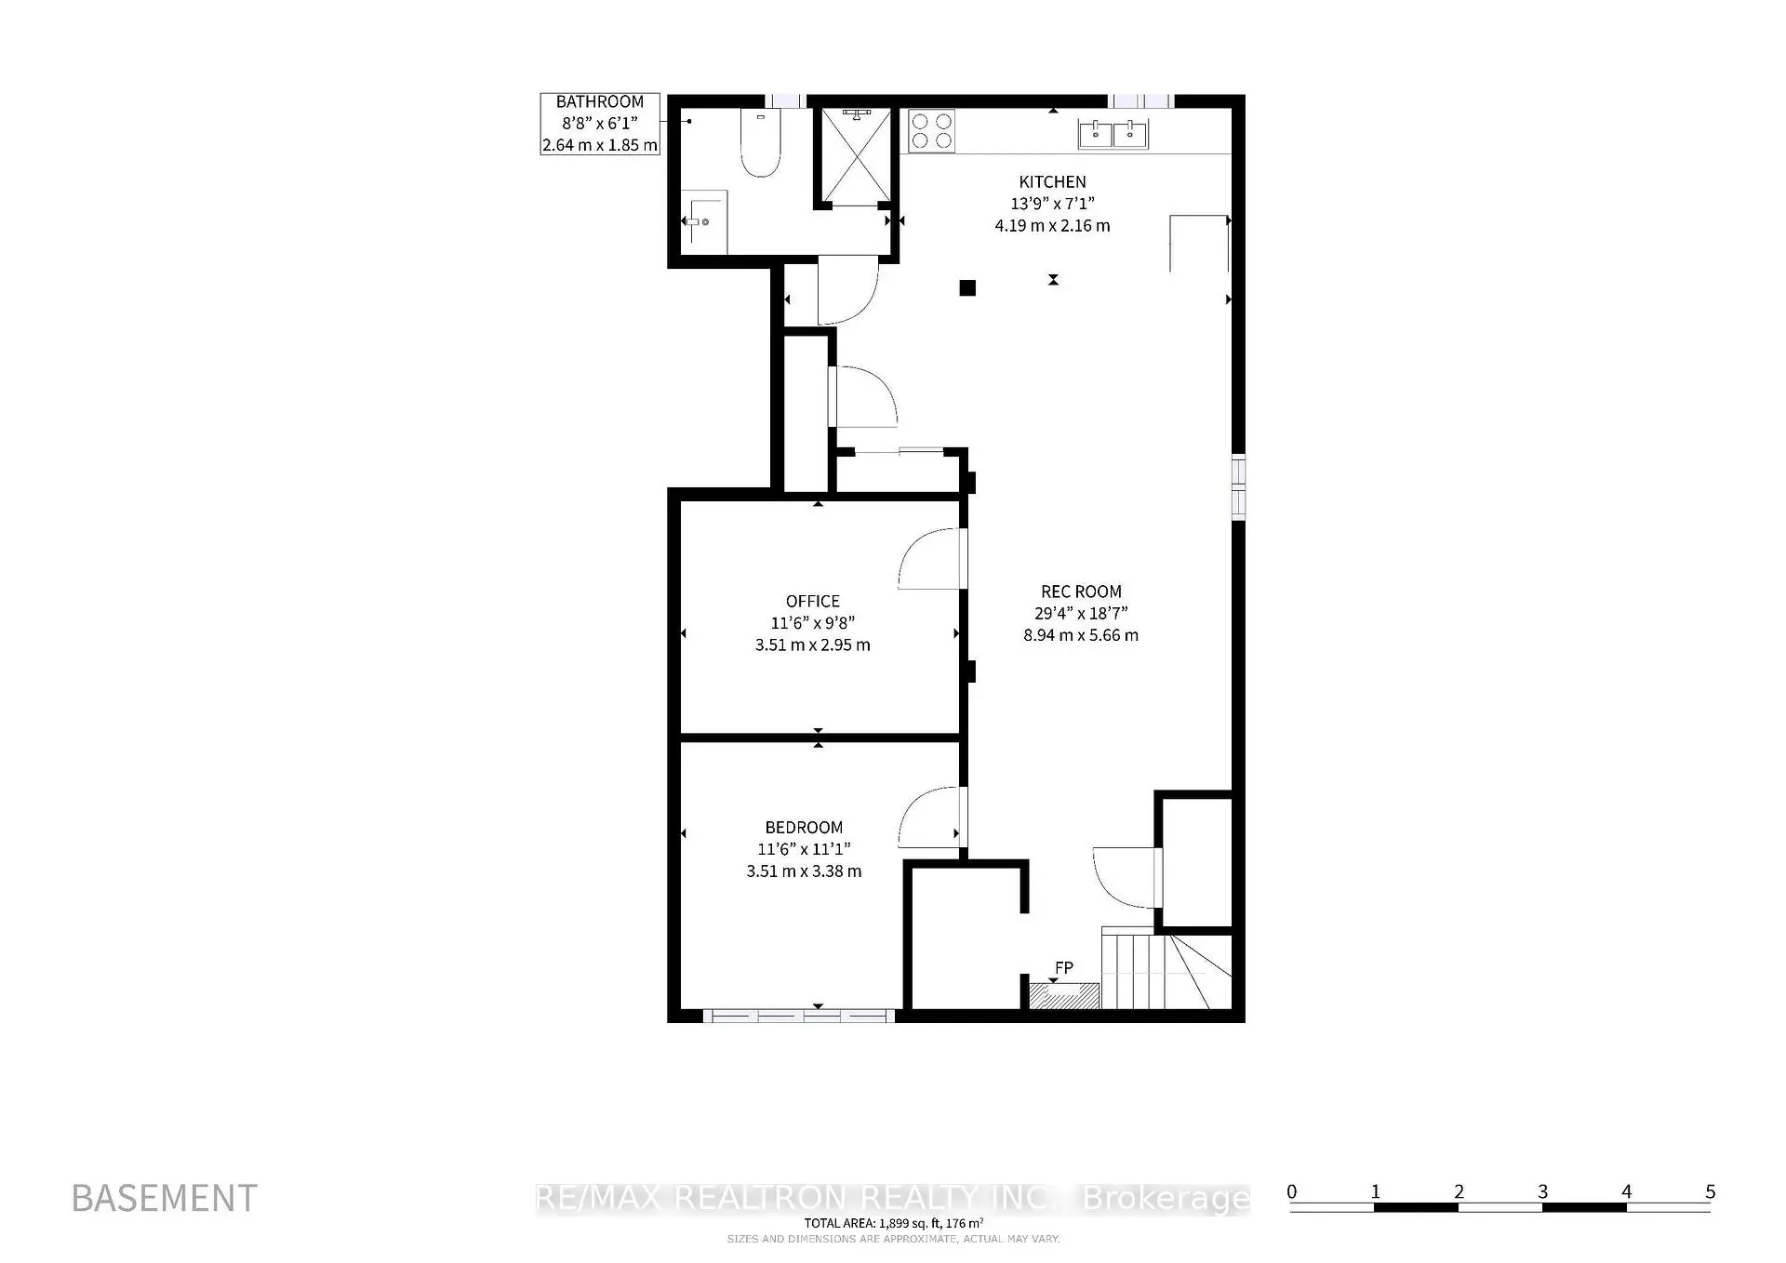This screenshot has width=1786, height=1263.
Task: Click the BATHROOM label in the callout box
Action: (600, 102)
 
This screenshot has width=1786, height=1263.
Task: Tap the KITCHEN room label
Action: (1052, 182)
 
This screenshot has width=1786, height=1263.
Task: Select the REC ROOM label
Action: (1081, 592)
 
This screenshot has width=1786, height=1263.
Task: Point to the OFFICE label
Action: (812, 602)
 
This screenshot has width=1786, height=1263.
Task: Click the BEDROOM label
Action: (804, 828)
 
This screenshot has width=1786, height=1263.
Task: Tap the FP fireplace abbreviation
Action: (1064, 968)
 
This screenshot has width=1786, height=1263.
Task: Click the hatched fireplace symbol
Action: (1064, 996)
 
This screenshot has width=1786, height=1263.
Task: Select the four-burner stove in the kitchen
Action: (931, 130)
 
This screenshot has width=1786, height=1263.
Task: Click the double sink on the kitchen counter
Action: (1113, 134)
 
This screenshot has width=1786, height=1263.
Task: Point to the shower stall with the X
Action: (853, 155)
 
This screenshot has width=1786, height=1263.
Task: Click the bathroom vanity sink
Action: (704, 221)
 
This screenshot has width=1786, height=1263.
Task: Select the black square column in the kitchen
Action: (967, 288)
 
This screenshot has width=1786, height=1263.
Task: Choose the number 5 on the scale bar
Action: (1710, 1191)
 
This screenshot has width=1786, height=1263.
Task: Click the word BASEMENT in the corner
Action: (164, 1199)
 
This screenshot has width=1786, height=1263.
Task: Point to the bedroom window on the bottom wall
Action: (799, 1016)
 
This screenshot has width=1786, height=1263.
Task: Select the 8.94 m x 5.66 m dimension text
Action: (1081, 635)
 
